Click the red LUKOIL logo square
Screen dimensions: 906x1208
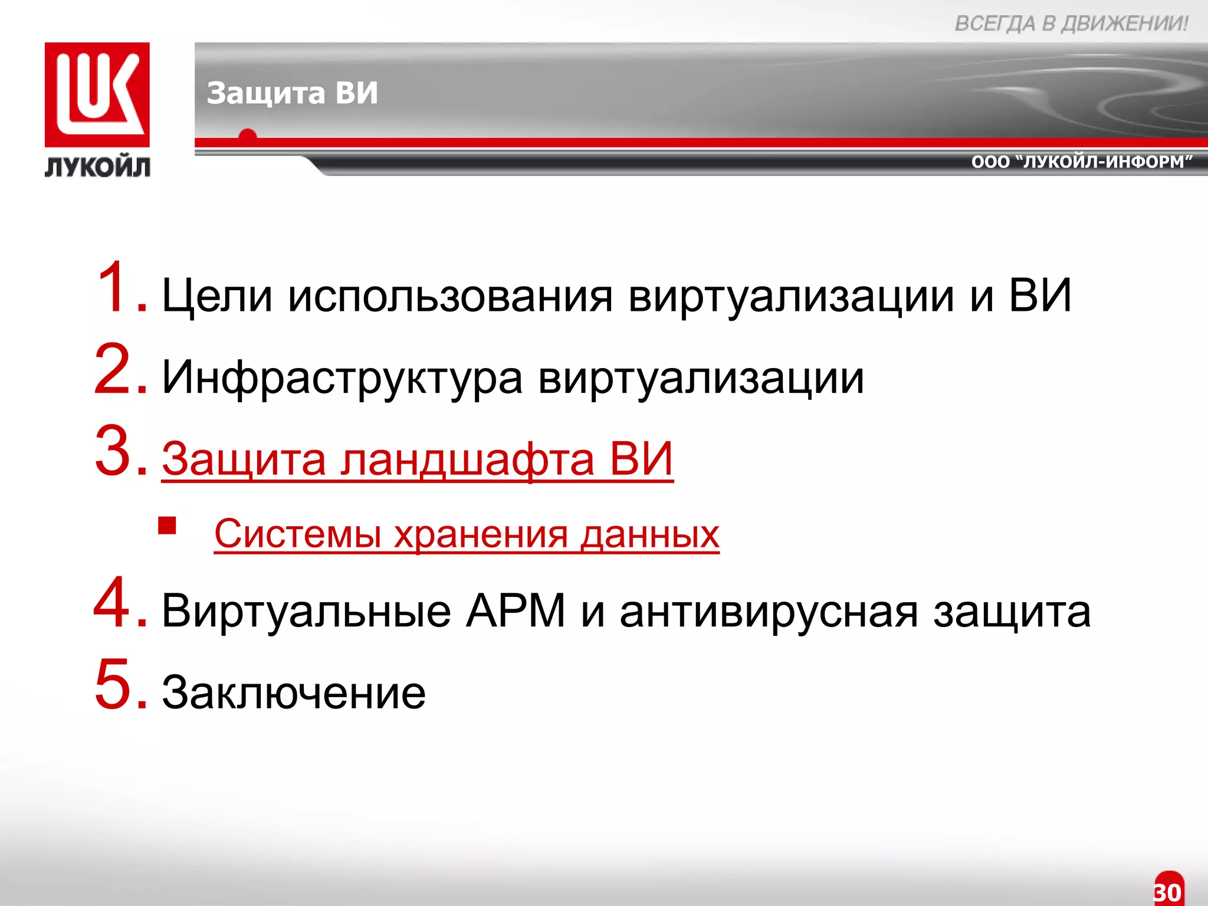point(97,94)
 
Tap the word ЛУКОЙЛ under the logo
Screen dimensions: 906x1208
point(97,168)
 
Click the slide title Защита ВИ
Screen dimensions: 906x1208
point(292,93)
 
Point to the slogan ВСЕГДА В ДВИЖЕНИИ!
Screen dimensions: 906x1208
point(1071,24)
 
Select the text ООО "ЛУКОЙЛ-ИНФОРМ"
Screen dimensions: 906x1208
point(1082,162)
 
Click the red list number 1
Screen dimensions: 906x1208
point(118,287)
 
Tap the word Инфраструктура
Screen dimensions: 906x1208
point(342,378)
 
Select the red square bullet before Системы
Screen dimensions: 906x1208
point(168,525)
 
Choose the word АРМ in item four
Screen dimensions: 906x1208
point(516,611)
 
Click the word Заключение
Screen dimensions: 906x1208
point(294,692)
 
